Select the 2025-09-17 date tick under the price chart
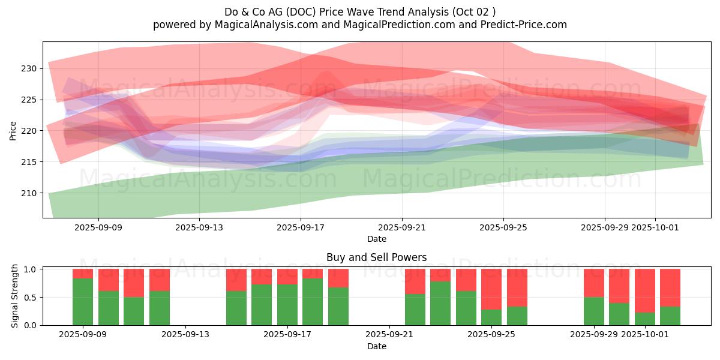(x=301, y=227)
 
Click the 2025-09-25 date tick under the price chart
(x=503, y=227)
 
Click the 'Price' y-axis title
(x=13, y=130)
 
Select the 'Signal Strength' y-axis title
(x=14, y=297)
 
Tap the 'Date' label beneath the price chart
(x=377, y=239)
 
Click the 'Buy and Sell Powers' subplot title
(x=377, y=257)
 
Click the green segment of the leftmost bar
(x=83, y=302)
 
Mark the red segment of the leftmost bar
(x=83, y=274)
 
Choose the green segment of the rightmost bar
(x=670, y=316)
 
